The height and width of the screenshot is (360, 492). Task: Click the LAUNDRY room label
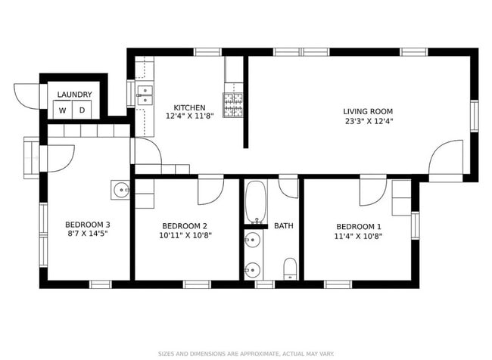(75, 95)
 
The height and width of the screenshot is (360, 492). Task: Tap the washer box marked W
(62, 110)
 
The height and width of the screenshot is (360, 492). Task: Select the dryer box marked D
(82, 110)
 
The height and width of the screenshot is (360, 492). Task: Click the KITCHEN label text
(189, 107)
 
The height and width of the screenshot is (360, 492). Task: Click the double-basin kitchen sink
(145, 95)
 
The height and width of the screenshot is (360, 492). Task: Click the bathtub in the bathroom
(256, 203)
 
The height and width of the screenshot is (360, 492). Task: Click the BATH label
(284, 225)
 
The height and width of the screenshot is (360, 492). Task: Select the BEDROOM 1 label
(359, 226)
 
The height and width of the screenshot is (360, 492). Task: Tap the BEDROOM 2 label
(185, 225)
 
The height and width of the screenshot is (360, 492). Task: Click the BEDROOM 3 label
(88, 225)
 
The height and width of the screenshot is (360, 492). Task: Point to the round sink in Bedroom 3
(120, 190)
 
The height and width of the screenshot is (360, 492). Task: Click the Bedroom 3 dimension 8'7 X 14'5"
(88, 234)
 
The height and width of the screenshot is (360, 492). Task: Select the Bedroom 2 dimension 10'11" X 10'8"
(185, 235)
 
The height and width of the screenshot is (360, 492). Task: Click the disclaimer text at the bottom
(245, 353)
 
